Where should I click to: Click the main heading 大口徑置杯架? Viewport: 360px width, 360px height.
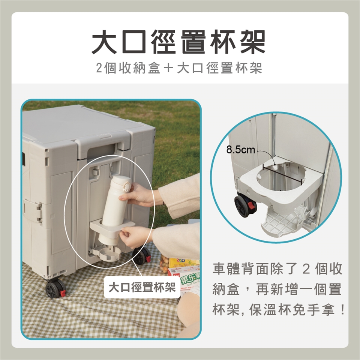pos(179,42)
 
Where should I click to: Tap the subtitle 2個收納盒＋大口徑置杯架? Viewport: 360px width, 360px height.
pos(179,68)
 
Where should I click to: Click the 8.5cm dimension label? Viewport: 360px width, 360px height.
pos(241,150)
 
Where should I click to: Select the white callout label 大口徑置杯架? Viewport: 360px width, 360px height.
pos(142,287)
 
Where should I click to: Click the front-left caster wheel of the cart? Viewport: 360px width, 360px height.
pos(55,288)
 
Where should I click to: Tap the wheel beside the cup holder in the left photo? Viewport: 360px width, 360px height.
pos(141,256)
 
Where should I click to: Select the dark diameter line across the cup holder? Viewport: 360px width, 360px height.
pos(282,174)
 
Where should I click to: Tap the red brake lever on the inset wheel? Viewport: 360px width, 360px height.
pos(252,205)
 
